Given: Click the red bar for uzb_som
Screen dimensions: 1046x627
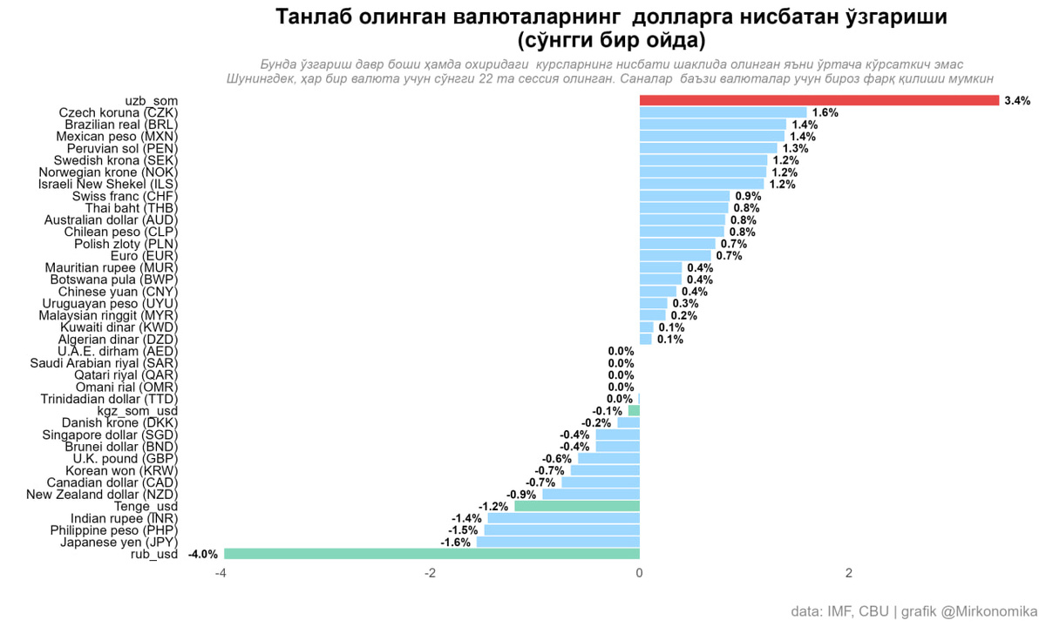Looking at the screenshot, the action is click(819, 100).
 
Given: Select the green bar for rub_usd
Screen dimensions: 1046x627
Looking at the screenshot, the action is click(432, 554).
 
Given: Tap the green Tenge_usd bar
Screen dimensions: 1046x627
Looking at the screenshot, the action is click(577, 506).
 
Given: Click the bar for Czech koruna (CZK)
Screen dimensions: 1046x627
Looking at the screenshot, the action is click(723, 112).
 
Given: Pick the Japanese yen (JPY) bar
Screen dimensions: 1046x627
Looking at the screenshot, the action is click(558, 542).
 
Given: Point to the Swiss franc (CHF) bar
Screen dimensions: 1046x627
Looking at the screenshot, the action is click(684, 196).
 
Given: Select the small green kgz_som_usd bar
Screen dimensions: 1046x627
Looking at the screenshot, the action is click(635, 410).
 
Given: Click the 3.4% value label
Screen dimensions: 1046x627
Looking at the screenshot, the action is click(1017, 101).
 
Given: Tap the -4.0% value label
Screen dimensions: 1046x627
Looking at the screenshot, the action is click(202, 554).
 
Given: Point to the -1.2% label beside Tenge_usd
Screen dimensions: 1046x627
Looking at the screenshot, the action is click(493, 507).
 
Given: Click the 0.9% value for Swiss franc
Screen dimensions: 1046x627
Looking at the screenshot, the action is click(748, 197).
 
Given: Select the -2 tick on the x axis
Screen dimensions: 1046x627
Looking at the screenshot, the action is click(430, 573).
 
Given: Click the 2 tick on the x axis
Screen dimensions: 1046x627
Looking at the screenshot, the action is click(849, 573).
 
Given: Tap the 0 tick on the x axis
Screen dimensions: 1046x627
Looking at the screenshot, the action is click(639, 573).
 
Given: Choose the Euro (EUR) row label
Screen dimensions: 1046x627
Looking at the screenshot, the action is click(144, 256).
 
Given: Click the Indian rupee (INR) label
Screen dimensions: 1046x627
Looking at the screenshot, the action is click(124, 519).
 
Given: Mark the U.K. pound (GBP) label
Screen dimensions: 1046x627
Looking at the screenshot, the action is click(126, 459).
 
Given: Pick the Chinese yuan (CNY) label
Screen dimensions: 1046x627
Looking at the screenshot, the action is click(118, 292).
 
